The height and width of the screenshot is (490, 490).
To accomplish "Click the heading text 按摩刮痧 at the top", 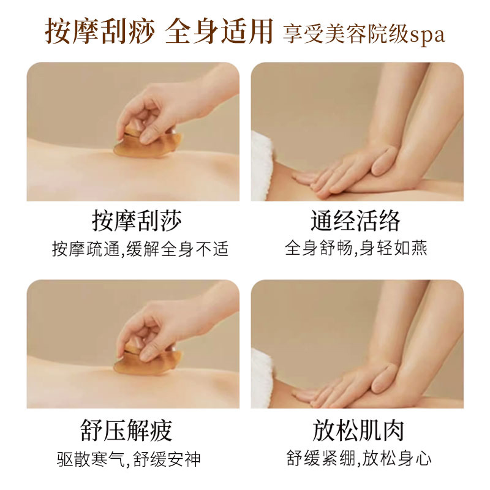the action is point(100,31).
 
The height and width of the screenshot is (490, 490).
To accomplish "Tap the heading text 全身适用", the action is point(219,31).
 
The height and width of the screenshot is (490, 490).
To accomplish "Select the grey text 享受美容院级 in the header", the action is point(346,34).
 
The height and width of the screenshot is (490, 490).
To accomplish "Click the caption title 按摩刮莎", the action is point(137,221).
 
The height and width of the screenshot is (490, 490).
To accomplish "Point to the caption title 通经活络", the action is point(356,221).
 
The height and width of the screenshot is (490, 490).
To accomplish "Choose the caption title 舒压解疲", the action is point(126,431).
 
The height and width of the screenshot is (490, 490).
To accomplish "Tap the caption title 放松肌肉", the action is point(358,431).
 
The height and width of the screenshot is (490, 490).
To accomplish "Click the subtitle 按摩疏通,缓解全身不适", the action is point(140,249).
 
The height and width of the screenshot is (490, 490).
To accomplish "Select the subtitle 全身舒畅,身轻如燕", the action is point(356,249).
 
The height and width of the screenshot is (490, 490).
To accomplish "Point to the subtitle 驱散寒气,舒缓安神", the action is point(129,459).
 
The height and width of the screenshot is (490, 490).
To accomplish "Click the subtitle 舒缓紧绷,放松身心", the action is point(359,458).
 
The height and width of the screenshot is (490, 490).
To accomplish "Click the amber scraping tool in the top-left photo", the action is point(147,143).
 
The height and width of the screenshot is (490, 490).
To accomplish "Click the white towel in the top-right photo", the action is point(262,165).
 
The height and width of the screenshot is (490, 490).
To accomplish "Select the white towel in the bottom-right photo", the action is point(262,379).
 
